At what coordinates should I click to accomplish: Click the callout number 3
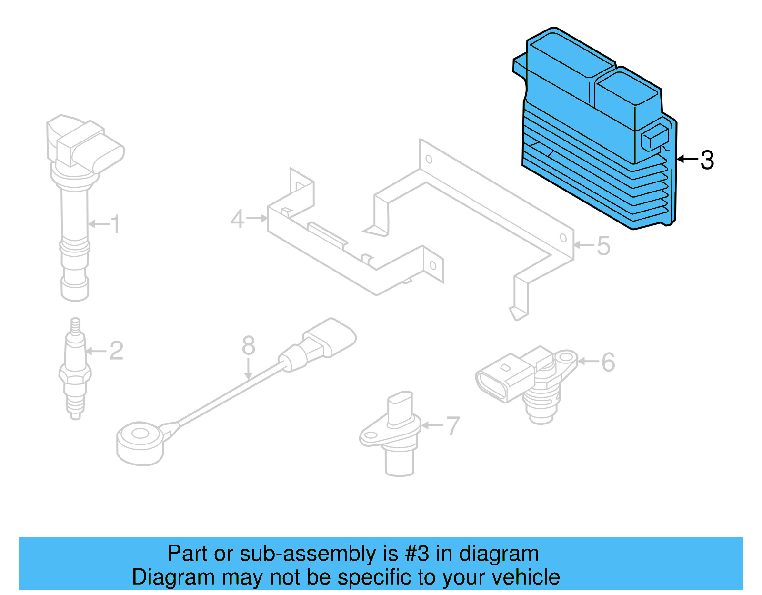click(x=707, y=160)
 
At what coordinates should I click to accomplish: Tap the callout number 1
click(x=115, y=224)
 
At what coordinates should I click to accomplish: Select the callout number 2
click(x=116, y=351)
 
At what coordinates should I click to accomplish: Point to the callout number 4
click(x=237, y=219)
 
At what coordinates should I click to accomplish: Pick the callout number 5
click(x=603, y=246)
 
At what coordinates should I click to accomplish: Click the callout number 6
click(x=608, y=362)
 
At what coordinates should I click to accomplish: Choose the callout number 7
click(x=453, y=426)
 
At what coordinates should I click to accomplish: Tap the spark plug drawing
click(x=75, y=372)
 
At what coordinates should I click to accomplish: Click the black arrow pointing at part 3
click(x=687, y=159)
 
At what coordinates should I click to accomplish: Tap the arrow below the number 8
click(x=248, y=369)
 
